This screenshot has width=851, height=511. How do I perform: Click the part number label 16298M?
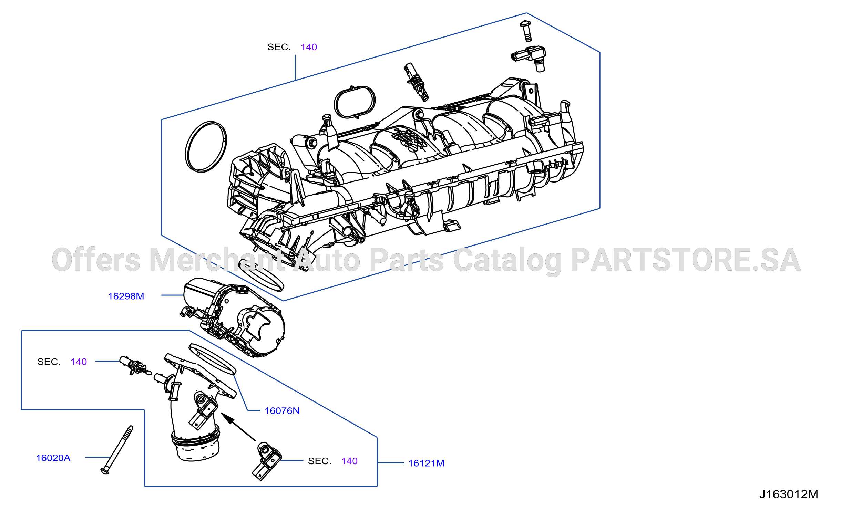pos(126,296)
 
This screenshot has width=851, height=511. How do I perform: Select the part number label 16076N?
pos(282,411)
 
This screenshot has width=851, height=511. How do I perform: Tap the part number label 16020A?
pos(53,458)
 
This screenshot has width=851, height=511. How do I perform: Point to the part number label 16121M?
pos(426,463)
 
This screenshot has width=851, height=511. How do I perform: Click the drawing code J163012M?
pos(789,494)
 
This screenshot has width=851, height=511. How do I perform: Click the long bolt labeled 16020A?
pos(117,450)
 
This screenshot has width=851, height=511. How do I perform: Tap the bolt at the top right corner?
pos(526,31)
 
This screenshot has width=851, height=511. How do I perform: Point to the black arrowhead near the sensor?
pos(228,419)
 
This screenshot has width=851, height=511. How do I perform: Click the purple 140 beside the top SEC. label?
pos(309,47)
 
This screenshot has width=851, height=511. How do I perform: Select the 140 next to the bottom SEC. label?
pos(349,461)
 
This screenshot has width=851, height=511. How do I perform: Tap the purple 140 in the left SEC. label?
pos(79,362)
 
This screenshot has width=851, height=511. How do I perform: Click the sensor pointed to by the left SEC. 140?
pos(135,366)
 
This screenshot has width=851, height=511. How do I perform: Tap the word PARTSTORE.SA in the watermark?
pos(686,260)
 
